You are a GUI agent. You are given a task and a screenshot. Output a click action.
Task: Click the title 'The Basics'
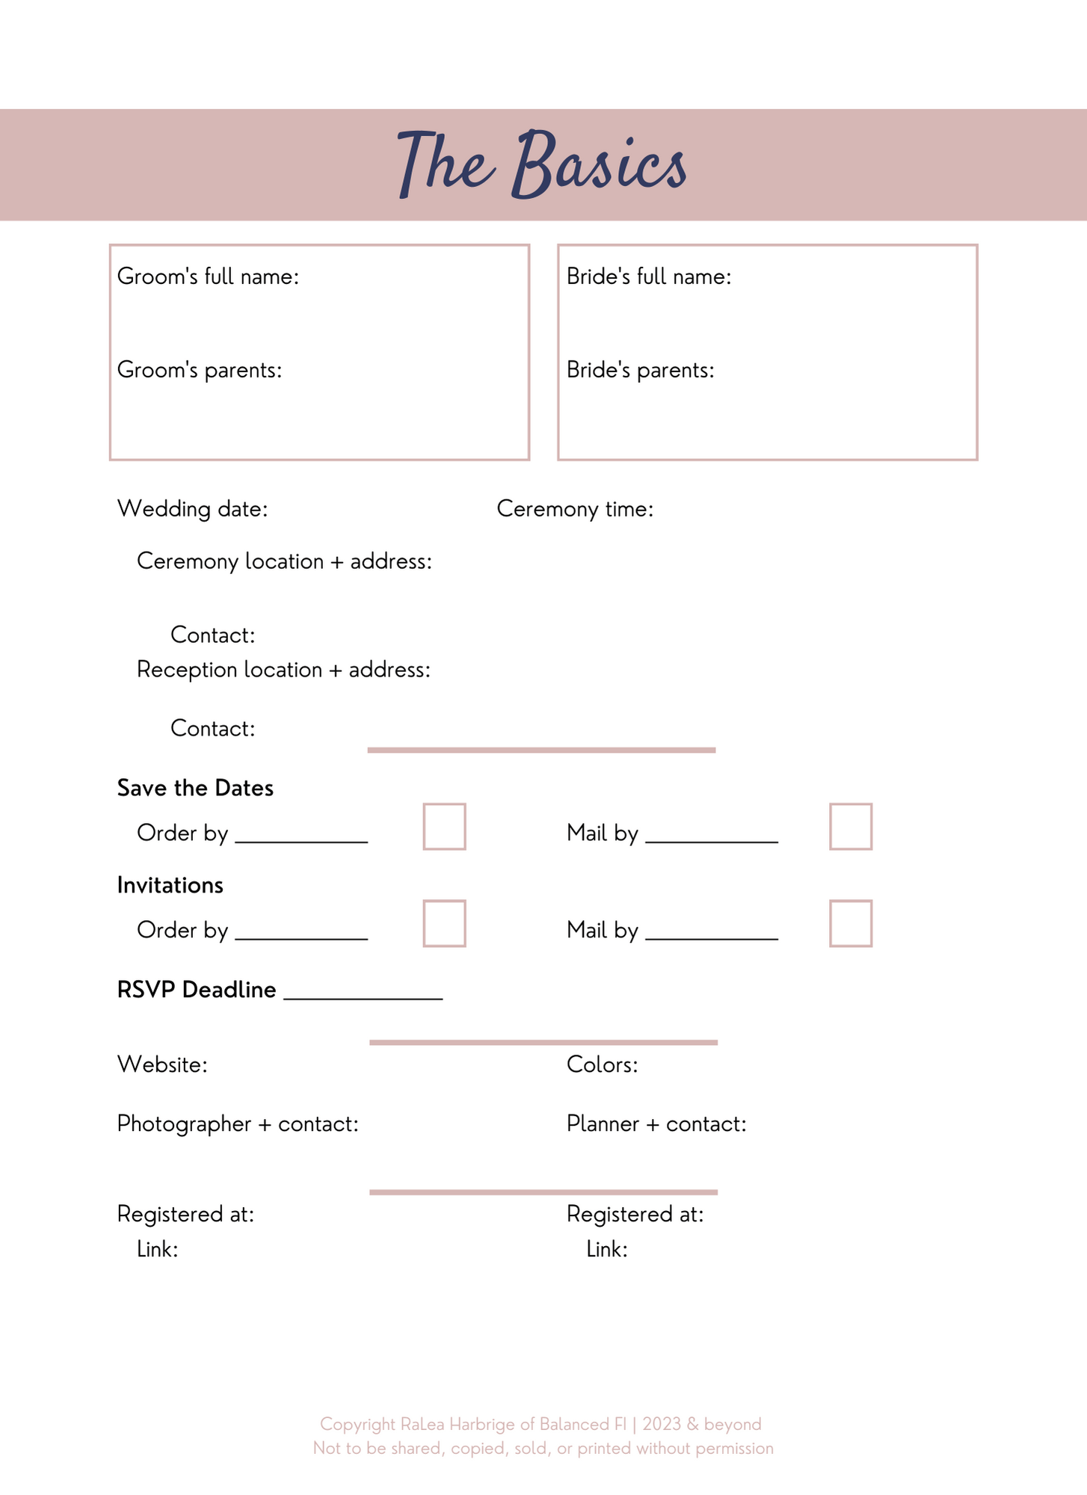coord(542,164)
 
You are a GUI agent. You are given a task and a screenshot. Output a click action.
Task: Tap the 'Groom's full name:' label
coord(208,277)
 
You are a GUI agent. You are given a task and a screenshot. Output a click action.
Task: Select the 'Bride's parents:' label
coord(640,370)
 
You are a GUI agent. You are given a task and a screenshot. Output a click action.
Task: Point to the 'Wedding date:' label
coord(192,509)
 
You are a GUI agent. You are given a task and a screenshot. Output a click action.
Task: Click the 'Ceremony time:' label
coord(575,509)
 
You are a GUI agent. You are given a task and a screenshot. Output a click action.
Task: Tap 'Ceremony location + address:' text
coord(284,561)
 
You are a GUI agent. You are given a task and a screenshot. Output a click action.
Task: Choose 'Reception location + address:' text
coord(283,670)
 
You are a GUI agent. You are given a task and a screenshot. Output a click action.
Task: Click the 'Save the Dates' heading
coord(195,788)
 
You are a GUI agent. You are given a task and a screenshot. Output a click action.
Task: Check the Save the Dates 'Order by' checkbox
coord(444,827)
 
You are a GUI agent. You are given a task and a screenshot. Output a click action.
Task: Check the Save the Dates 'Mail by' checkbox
coord(851,827)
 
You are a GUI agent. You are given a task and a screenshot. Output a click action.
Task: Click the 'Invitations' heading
coord(170,885)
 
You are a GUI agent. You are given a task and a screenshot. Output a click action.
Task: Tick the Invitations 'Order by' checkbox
coord(444,924)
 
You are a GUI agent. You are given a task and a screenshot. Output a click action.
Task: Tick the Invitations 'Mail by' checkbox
coord(851,924)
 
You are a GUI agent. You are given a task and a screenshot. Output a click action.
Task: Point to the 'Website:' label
coord(162,1064)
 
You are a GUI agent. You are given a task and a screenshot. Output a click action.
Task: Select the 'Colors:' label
coord(602,1064)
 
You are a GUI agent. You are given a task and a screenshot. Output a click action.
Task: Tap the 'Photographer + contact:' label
coord(238,1124)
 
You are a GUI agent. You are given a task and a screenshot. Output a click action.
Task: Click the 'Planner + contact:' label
coord(656,1124)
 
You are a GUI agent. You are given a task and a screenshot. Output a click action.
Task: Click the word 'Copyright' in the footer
coord(357,1425)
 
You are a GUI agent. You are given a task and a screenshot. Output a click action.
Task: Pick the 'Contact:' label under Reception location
coord(213,729)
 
